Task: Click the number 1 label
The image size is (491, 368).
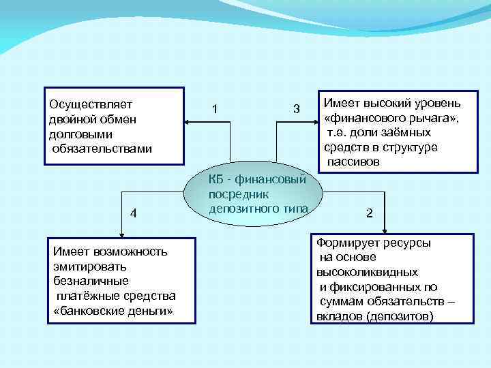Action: [x=215, y=109]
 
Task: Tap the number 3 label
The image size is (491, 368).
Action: [x=296, y=109]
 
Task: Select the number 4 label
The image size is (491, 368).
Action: [x=134, y=213]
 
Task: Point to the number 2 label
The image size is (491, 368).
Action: [x=369, y=213]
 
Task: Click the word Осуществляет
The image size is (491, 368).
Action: [x=91, y=104]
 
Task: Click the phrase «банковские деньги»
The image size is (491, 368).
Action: [x=113, y=311]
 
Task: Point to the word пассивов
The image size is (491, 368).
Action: [x=353, y=163]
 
